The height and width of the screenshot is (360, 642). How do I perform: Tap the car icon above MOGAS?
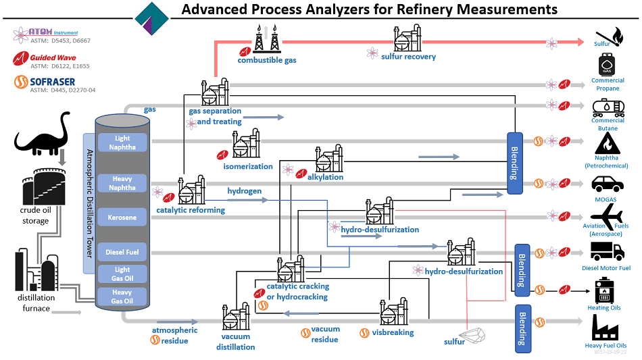point(606,183)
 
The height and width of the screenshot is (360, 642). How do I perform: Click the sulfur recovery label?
point(408,57)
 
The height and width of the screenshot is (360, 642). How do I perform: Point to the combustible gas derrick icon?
point(266,39)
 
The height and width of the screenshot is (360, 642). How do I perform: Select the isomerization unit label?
point(248,166)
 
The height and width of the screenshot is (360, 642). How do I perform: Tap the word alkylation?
point(325,177)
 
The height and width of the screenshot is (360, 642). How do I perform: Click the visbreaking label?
point(393,332)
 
